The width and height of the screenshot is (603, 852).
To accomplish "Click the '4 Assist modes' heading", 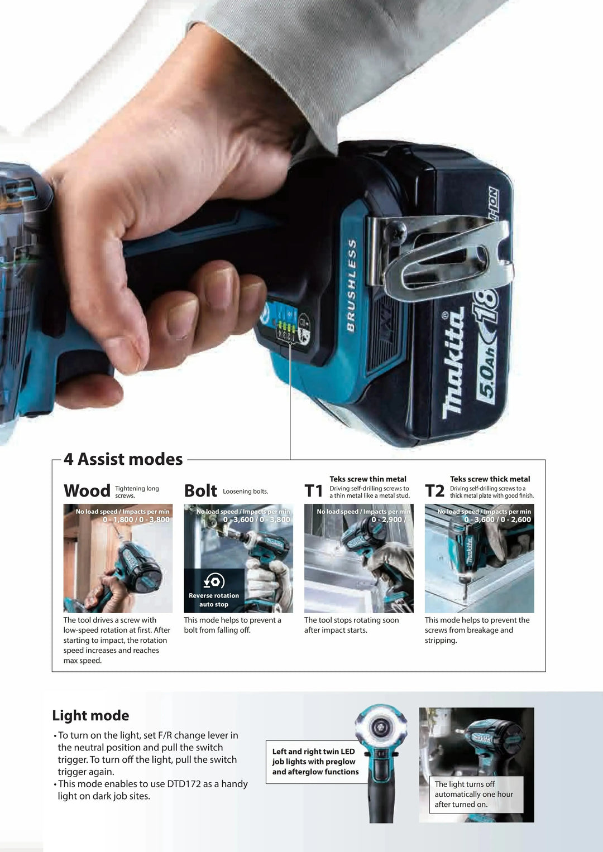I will tap(123, 459).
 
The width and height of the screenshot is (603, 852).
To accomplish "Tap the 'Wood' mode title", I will tap(87, 491).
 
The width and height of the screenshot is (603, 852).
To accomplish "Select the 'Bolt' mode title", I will tap(200, 491).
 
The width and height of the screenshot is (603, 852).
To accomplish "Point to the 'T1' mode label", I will tap(314, 491).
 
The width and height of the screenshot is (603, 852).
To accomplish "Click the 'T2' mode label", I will tap(434, 491).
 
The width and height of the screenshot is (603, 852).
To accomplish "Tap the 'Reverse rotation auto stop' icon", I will tap(214, 581).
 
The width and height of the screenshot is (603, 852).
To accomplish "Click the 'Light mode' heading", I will tap(90, 715).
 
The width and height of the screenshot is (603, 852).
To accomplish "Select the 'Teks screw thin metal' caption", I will tap(368, 479).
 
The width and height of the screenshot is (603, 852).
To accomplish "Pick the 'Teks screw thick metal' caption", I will tap(490, 479).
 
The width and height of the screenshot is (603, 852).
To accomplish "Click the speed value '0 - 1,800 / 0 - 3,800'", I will tap(136, 519).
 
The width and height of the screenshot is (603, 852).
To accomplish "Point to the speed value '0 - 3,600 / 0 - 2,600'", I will tap(497, 519).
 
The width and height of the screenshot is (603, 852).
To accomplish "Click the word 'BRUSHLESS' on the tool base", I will tap(351, 285).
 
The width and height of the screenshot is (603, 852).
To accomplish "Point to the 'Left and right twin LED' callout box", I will tap(315, 762).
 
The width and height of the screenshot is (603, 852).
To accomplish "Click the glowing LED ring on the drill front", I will tap(381, 727).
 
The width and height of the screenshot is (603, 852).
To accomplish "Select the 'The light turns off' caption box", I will tap(476, 794).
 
